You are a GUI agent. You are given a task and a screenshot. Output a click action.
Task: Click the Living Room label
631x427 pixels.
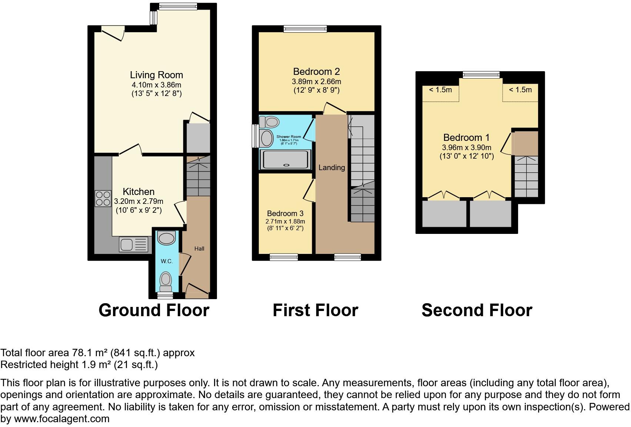[156, 75]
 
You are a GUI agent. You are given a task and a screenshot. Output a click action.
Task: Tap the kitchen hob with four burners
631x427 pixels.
[103, 198]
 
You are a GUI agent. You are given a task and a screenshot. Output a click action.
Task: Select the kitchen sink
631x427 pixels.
[133, 245]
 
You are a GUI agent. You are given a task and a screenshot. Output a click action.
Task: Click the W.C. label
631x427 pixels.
[167, 261]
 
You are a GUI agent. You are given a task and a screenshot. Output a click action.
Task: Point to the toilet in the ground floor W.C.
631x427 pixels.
[166, 282]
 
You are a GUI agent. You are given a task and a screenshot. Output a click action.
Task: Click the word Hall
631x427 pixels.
[199, 249]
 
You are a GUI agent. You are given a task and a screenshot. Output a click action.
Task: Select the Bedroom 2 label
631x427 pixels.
[316, 72]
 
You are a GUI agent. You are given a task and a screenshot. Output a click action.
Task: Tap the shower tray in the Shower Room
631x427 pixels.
[285, 159]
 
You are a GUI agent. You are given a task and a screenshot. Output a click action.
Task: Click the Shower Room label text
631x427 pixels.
[288, 137]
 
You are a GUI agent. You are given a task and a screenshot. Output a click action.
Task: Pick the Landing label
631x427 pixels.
[331, 168]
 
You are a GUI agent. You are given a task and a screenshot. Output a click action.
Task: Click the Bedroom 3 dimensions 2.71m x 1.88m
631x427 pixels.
[285, 221]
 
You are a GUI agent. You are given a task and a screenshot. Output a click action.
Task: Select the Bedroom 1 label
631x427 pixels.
[466, 138]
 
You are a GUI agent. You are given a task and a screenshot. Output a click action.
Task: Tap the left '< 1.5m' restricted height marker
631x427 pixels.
[440, 90]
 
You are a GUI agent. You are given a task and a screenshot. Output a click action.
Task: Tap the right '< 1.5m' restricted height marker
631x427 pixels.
[520, 90]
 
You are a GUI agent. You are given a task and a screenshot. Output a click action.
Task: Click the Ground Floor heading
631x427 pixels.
[154, 310]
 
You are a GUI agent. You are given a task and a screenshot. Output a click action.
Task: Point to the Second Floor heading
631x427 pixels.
[477, 310]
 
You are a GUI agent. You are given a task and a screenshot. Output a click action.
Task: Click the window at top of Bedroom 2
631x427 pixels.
[305, 29]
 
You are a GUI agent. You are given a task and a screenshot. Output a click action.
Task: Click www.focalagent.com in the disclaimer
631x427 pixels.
[62, 419]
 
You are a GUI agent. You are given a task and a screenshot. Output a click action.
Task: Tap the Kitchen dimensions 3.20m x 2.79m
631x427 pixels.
[138, 202]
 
